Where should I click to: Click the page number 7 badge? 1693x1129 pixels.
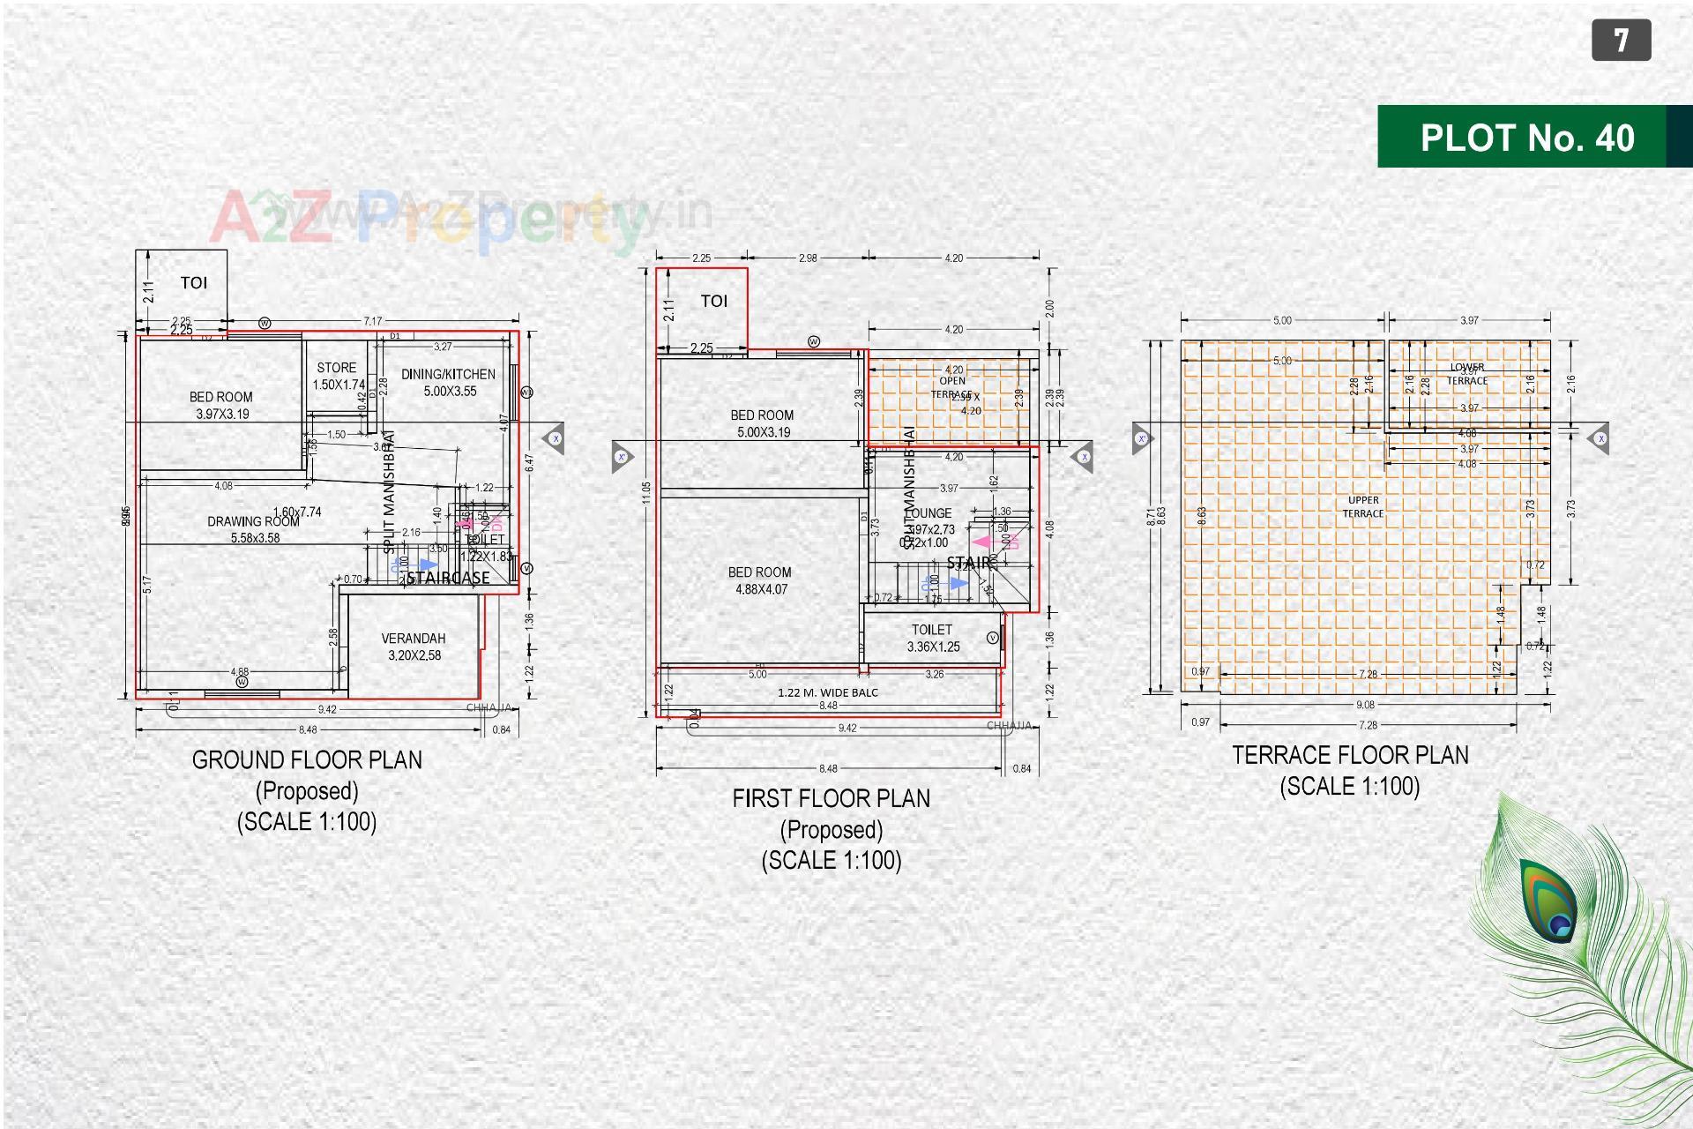(1621, 41)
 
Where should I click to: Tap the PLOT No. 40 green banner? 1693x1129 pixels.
(1526, 138)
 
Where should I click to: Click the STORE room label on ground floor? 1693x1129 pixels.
(337, 368)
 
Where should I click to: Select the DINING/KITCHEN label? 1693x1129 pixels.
(448, 374)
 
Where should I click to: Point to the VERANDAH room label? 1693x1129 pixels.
(414, 639)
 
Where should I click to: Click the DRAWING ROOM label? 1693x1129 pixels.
(253, 522)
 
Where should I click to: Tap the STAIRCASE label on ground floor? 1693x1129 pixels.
(448, 579)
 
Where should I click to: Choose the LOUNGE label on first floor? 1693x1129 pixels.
(929, 513)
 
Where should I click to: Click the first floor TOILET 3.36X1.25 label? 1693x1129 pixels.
(932, 630)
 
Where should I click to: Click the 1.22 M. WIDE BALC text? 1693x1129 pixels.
(828, 693)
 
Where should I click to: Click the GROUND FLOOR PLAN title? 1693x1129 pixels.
(307, 760)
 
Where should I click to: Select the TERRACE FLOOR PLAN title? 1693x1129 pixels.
(1350, 756)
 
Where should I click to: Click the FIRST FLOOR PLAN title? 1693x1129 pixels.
(831, 799)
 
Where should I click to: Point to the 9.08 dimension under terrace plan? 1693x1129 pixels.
(1365, 705)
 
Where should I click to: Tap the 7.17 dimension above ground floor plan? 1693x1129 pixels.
(373, 321)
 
